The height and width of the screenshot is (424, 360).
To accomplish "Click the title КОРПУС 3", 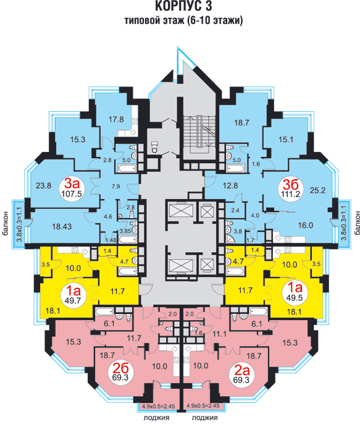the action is tap(183, 6).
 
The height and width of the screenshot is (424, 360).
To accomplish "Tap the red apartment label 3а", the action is tap(72, 184).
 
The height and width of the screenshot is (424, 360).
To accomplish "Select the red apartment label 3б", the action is tap(291, 185).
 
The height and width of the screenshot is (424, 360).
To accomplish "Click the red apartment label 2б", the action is tap(120, 368).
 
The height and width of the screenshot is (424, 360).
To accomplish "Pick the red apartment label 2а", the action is tap(241, 370).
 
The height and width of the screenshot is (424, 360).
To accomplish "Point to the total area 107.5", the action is tap(72, 194).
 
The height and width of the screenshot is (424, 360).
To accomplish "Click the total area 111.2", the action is tap(290, 194).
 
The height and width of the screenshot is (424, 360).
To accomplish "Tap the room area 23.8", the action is tap(43, 186).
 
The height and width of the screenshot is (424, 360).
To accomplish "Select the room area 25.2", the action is tap(317, 190).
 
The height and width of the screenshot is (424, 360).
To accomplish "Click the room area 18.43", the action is tap(62, 227).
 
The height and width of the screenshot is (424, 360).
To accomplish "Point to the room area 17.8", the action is tap(116, 119).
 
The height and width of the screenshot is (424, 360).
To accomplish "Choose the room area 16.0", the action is tap(306, 225).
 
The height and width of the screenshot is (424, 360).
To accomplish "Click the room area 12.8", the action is tap(230, 185).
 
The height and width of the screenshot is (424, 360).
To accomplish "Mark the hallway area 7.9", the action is tap(115, 186).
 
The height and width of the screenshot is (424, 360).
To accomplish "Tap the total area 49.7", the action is tap(73, 300).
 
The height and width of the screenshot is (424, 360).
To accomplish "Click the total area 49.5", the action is tap(295, 298).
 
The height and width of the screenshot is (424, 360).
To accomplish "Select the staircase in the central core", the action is tap(199, 132).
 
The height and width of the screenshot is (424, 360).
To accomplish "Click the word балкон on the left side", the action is tap(6, 223).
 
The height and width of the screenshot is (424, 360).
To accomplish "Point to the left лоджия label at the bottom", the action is tap(157, 418).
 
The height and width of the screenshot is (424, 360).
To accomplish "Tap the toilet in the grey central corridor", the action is tap(154, 147).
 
